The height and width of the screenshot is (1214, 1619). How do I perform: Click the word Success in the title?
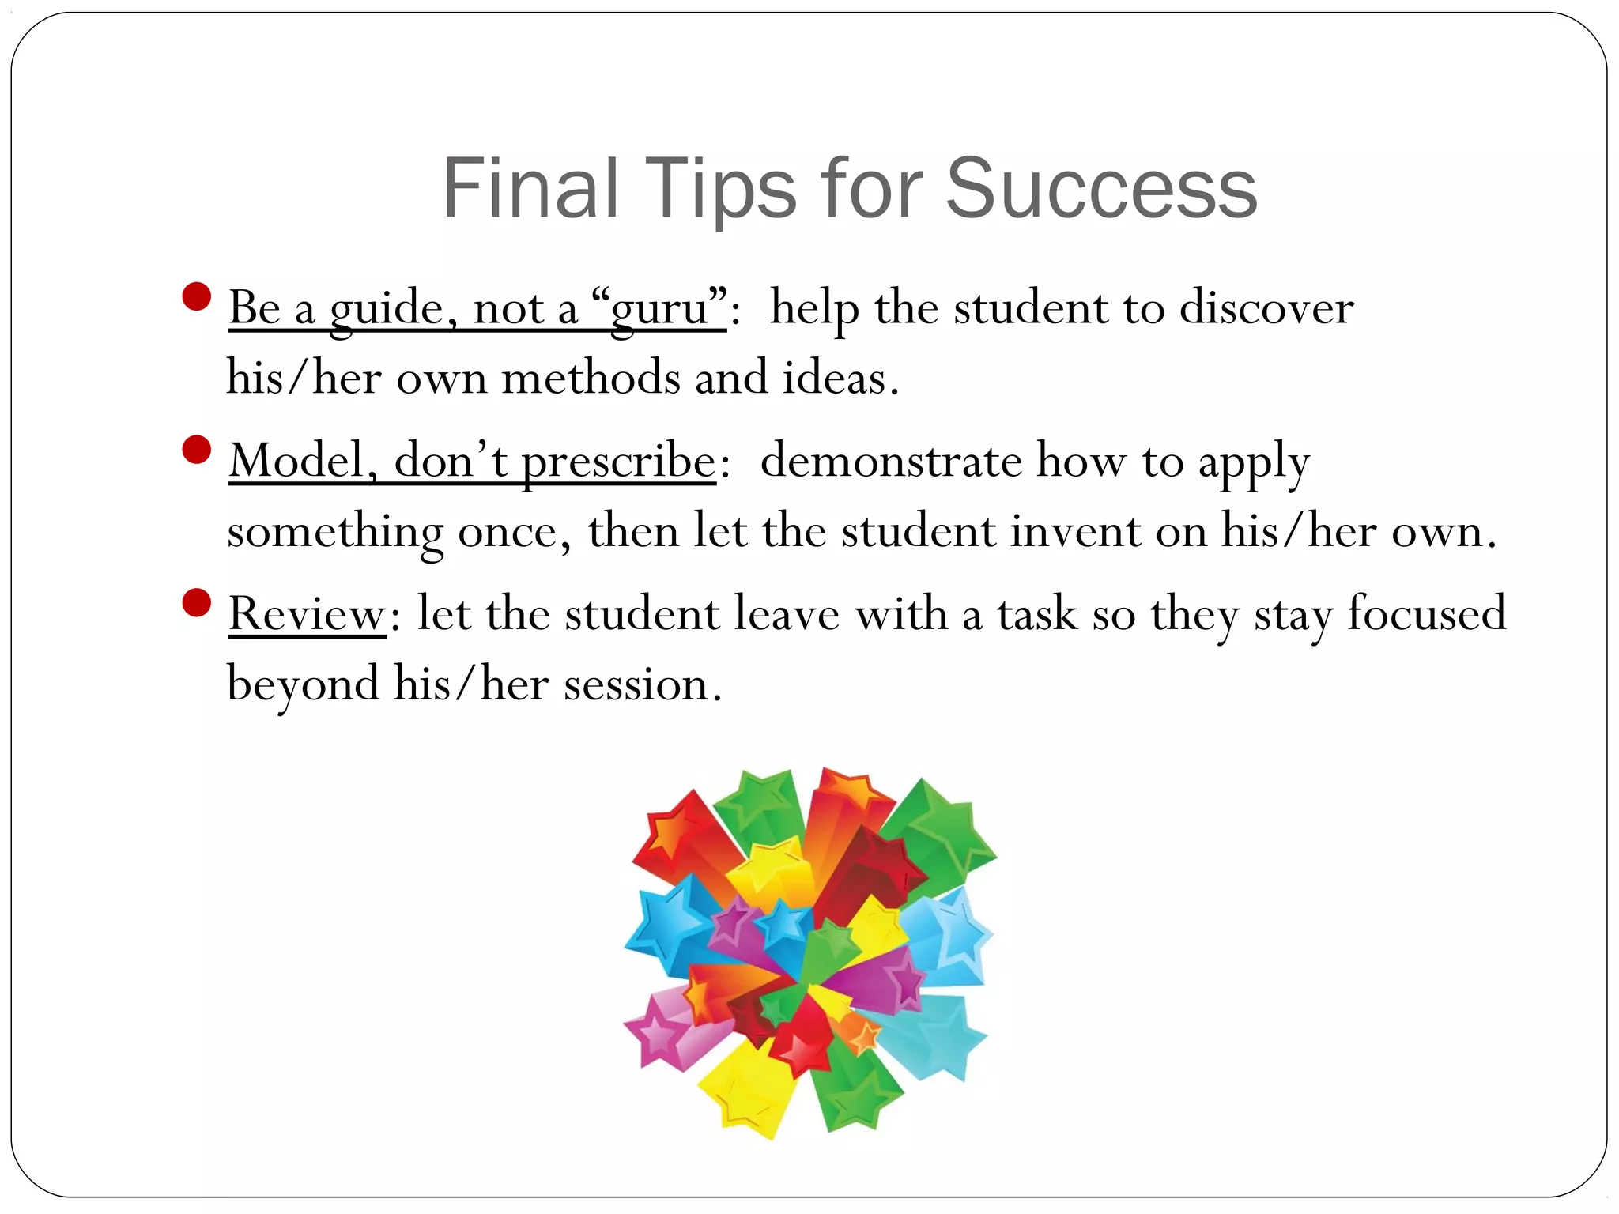pyautogui.click(x=1100, y=190)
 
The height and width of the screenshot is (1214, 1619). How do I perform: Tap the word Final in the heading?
pyautogui.click(x=530, y=190)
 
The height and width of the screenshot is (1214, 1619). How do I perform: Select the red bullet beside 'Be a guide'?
pyautogui.click(x=196, y=297)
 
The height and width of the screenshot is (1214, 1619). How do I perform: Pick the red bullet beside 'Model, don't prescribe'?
pyautogui.click(x=196, y=451)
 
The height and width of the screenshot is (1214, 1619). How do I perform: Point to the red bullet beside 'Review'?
pyautogui.click(x=196, y=603)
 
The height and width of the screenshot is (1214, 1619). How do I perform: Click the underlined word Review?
pyautogui.click(x=307, y=614)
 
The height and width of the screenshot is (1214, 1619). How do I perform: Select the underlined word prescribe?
pyautogui.click(x=618, y=462)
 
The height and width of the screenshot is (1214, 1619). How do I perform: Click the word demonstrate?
pyautogui.click(x=891, y=462)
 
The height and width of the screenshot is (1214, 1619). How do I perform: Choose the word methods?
pyautogui.click(x=591, y=378)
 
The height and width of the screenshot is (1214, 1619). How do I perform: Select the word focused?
pyautogui.click(x=1427, y=614)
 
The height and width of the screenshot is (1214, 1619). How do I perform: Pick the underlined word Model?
pyautogui.click(x=297, y=462)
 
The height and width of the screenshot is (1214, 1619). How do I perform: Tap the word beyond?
pyautogui.click(x=303, y=684)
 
